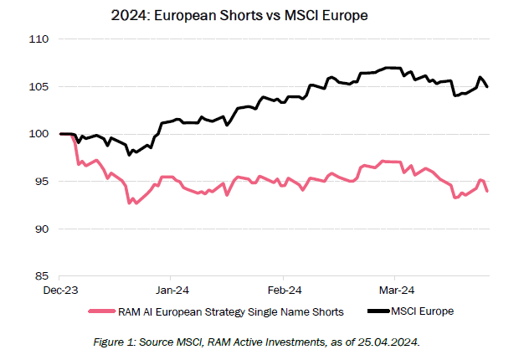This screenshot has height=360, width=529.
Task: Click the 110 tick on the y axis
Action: click(39, 39)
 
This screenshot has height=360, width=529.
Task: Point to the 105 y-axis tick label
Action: click(39, 87)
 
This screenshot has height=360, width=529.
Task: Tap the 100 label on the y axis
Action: click(39, 134)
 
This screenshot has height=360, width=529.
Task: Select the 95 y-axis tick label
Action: click(42, 182)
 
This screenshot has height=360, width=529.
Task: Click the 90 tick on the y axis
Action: click(42, 229)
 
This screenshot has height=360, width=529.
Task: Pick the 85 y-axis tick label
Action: click(42, 276)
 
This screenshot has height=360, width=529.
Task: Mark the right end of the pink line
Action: click(488, 191)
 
